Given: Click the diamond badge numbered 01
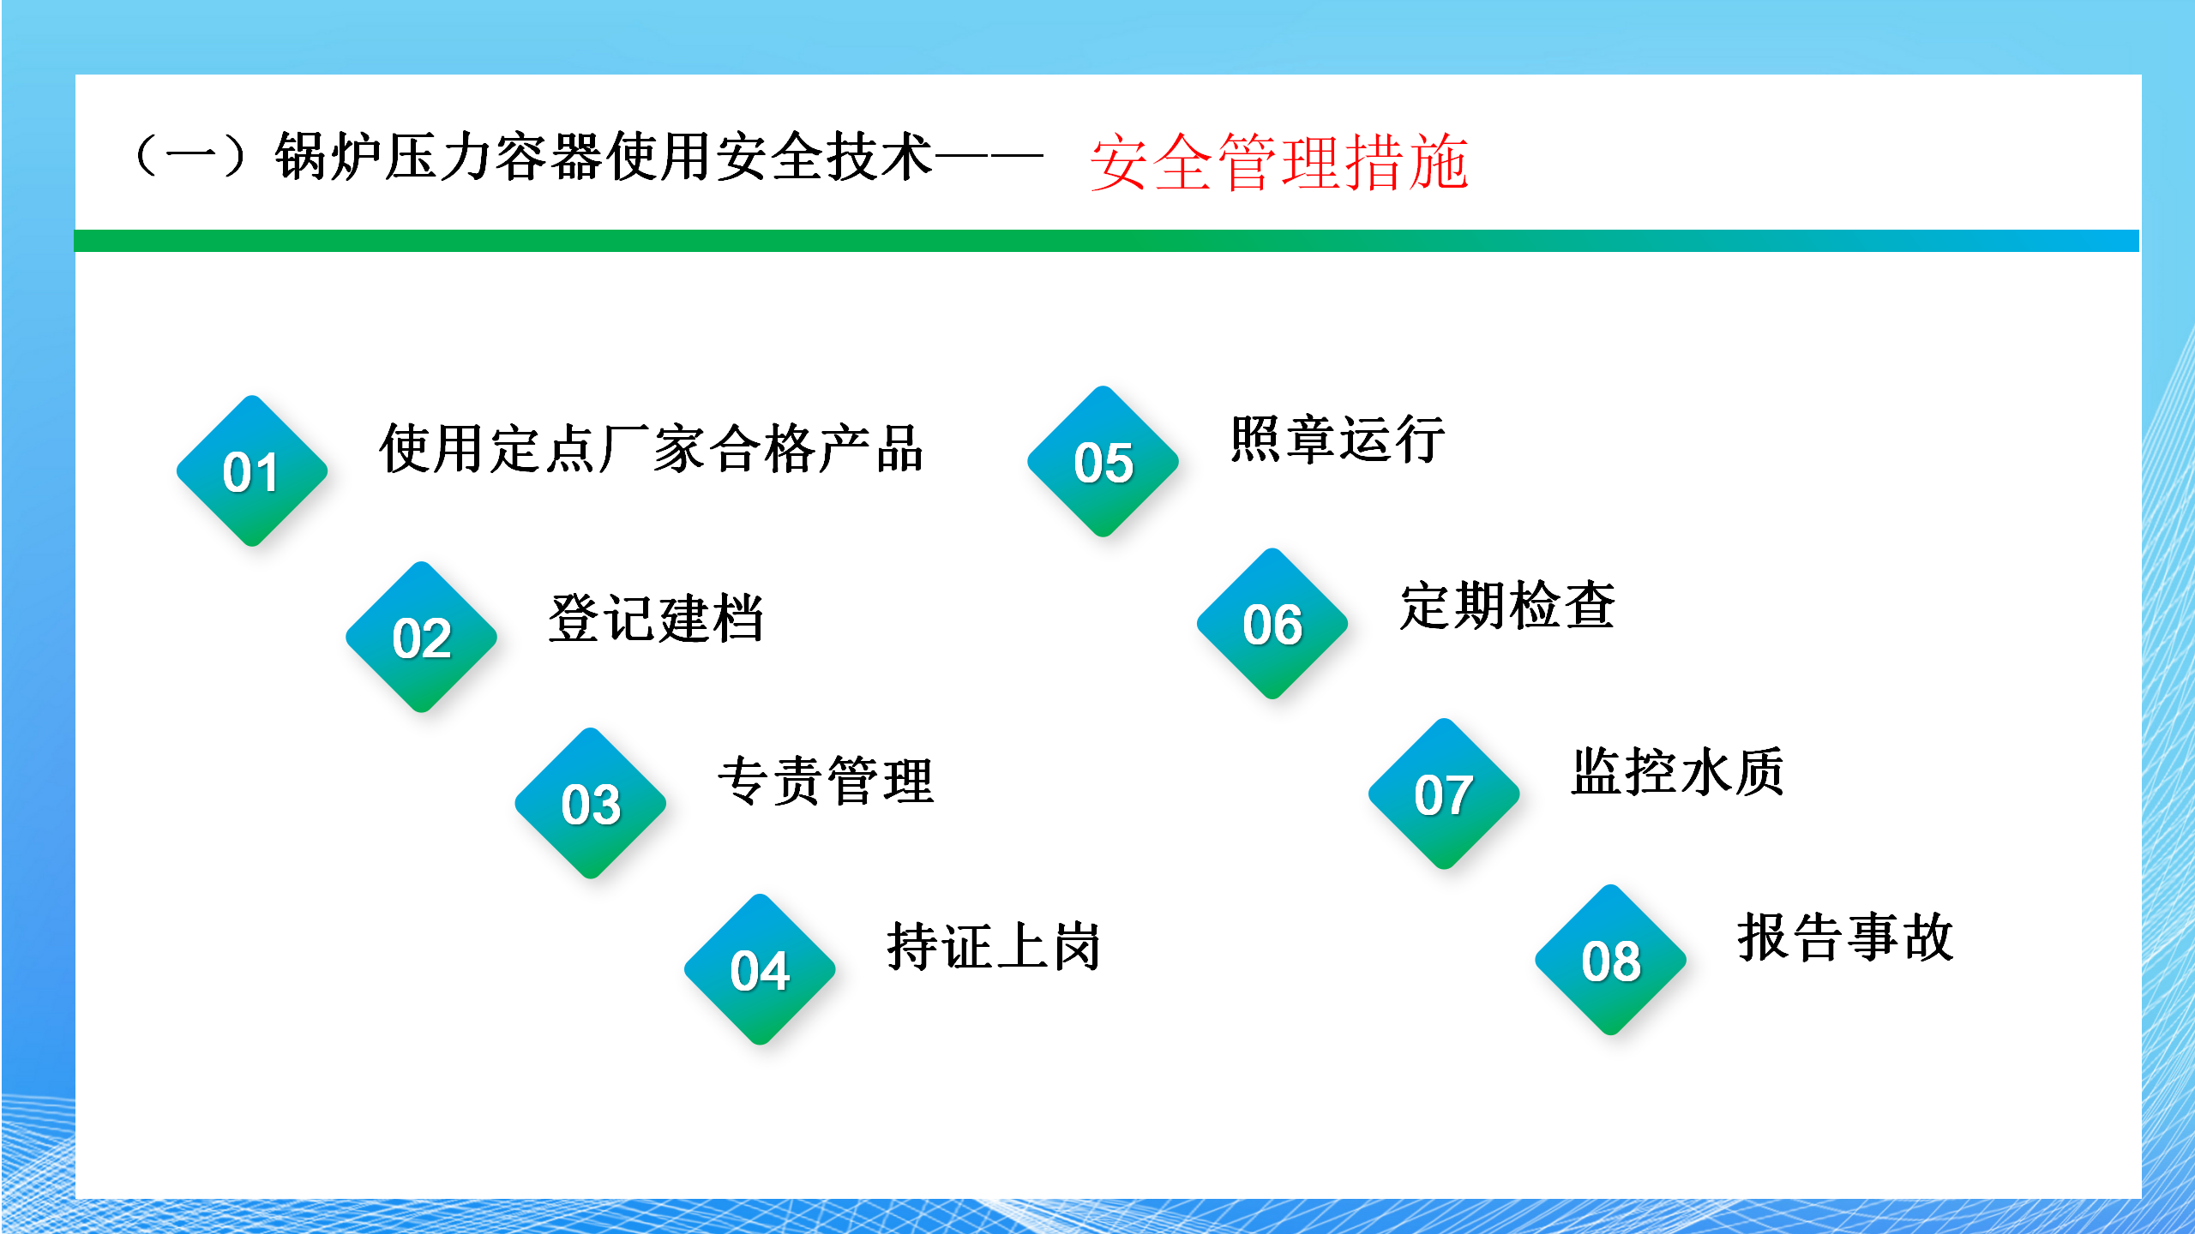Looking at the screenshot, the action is [x=252, y=470].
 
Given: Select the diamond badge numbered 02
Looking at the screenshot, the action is [x=421, y=637].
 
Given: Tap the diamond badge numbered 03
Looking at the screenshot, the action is [x=591, y=803].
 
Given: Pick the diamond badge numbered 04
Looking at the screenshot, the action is [x=760, y=969].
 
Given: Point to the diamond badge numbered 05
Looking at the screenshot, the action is [x=1104, y=461].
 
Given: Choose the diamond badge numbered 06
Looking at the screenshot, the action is [x=1272, y=623].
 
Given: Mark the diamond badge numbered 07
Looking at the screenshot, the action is [x=1444, y=794].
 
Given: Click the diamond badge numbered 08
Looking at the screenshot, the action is [x=1611, y=960].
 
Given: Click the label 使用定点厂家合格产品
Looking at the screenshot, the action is [x=652, y=448].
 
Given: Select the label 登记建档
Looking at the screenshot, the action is [x=656, y=618].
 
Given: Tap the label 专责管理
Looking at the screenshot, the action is [x=826, y=781].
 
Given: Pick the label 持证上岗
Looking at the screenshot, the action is [x=994, y=946].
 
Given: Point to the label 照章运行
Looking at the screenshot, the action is [x=1338, y=439].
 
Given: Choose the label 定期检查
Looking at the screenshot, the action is [x=1507, y=605].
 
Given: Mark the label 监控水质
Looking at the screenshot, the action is [x=1678, y=771].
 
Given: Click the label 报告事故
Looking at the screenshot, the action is [x=1845, y=937].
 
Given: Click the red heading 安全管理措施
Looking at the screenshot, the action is [x=1279, y=162].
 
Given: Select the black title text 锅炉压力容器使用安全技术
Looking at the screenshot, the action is [x=603, y=156].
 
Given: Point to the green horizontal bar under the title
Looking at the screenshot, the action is [x=1107, y=241].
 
